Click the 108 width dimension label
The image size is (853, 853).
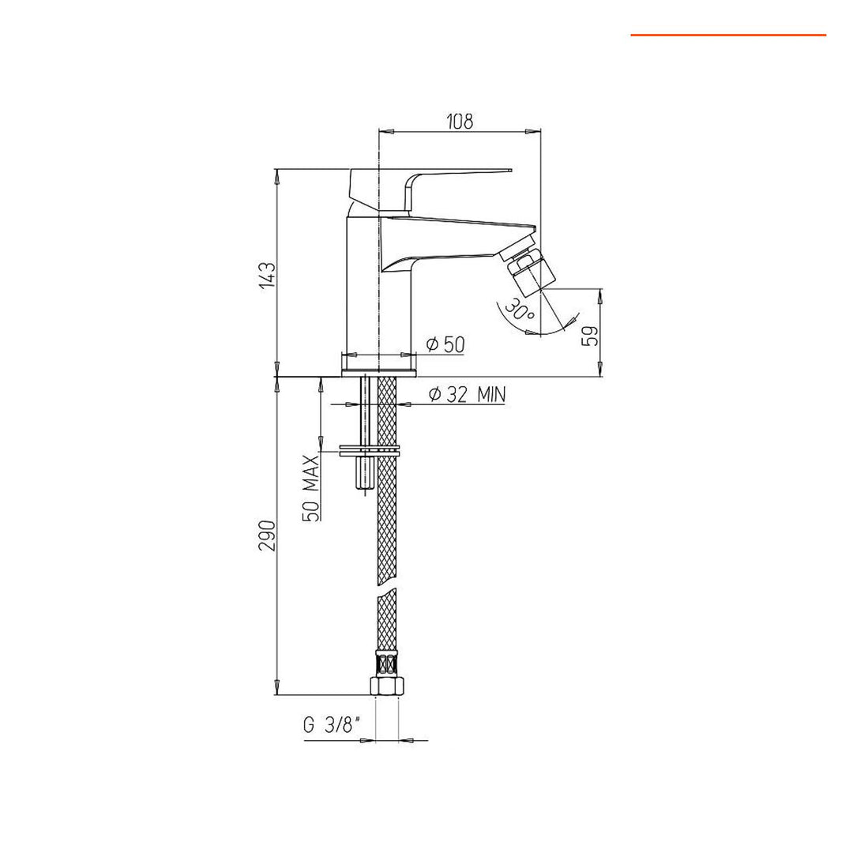pos(460,121)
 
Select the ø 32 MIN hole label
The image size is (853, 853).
pos(466,395)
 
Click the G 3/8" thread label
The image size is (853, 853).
pos(333,725)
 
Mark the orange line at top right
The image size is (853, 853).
pos(727,35)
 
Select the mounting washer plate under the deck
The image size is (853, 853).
pos(370,453)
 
